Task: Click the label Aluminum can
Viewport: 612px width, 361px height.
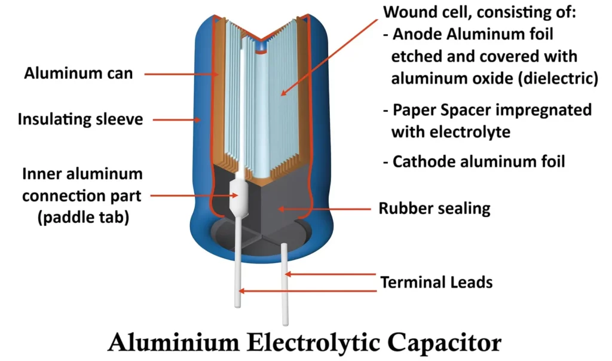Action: pos(78,74)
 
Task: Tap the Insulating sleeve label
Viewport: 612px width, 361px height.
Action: pos(80,119)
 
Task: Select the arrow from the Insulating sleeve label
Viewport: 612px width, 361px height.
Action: pos(173,119)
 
